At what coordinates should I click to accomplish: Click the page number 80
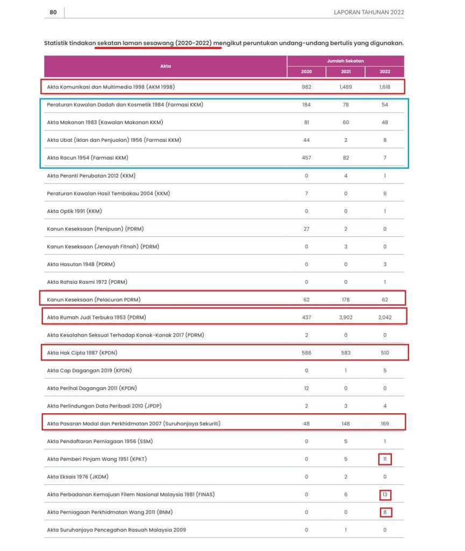point(53,12)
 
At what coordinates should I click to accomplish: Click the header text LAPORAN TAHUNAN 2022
point(369,12)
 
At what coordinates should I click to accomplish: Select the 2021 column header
point(346,72)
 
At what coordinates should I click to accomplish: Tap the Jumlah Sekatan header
point(345,61)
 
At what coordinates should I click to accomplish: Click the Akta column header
point(166,66)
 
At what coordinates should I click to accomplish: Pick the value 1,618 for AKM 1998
point(384,87)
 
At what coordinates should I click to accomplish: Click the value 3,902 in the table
point(346,317)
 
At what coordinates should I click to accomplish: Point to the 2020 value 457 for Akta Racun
point(306,158)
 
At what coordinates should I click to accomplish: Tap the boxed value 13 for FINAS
point(384,495)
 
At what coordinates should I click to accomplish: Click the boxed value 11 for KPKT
point(384,459)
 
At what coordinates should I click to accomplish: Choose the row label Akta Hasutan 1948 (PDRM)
point(81,264)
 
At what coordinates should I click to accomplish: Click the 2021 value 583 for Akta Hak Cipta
point(346,353)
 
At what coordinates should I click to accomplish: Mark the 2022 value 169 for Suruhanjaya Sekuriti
point(384,423)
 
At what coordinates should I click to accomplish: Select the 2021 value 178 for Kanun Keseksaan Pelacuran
point(346,300)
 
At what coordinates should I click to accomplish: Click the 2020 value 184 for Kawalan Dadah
point(306,104)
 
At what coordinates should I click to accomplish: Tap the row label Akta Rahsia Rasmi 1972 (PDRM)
point(87,282)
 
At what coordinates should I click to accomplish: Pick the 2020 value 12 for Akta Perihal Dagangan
point(306,388)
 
